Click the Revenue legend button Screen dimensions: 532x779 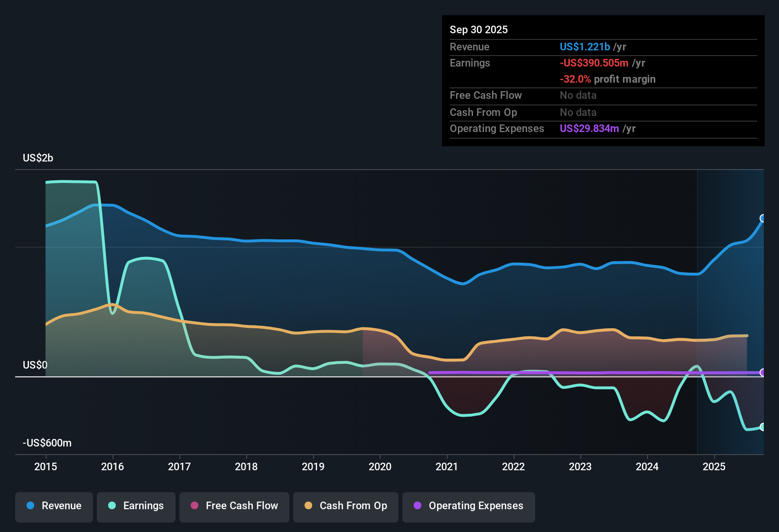(54, 506)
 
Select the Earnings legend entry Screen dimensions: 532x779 (136, 506)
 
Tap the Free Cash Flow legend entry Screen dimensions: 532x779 (234, 506)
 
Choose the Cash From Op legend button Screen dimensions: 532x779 (346, 506)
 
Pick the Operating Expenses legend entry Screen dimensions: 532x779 (469, 506)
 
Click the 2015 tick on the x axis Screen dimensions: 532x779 (46, 466)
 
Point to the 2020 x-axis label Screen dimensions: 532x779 (380, 466)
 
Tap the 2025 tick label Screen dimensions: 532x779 (714, 466)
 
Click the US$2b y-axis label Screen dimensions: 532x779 (38, 158)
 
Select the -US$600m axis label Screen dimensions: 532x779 (47, 443)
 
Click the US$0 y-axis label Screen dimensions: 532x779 (35, 365)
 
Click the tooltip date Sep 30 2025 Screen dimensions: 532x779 (478, 30)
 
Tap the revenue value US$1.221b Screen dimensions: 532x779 (584, 47)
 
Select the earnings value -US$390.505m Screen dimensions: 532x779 (594, 63)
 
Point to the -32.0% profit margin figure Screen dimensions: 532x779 (575, 79)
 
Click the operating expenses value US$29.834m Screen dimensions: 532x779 (589, 129)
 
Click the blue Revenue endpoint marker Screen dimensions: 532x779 (763, 218)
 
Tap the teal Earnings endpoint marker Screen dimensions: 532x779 (763, 427)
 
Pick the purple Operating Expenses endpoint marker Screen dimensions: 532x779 (763, 372)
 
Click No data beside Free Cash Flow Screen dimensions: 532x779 (578, 95)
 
